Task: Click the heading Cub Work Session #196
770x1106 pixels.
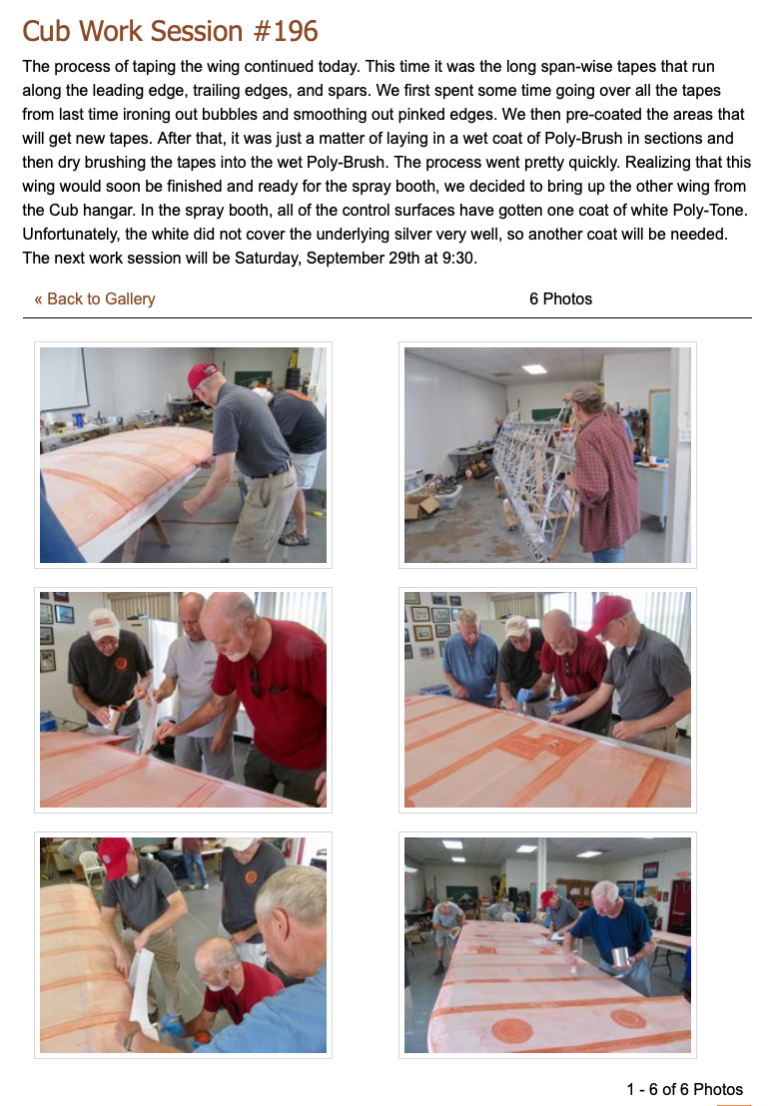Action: pyautogui.click(x=170, y=31)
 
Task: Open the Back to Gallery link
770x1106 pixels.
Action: pyautogui.click(x=95, y=299)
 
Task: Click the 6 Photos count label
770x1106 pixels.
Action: pyautogui.click(x=560, y=299)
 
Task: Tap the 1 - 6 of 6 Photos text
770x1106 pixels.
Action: pyautogui.click(x=684, y=1089)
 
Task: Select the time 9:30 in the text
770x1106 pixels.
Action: pyautogui.click(x=457, y=259)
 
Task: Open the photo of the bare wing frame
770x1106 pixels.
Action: pyautogui.click(x=547, y=455)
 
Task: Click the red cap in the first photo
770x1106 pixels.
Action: pyautogui.click(x=203, y=374)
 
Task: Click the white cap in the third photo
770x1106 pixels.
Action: pyautogui.click(x=105, y=622)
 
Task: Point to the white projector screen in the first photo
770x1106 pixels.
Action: pyautogui.click(x=64, y=378)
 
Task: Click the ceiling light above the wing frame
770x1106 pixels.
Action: pyautogui.click(x=534, y=369)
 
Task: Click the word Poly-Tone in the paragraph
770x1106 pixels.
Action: pyautogui.click(x=710, y=211)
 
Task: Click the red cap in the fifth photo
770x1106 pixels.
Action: pyautogui.click(x=114, y=857)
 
